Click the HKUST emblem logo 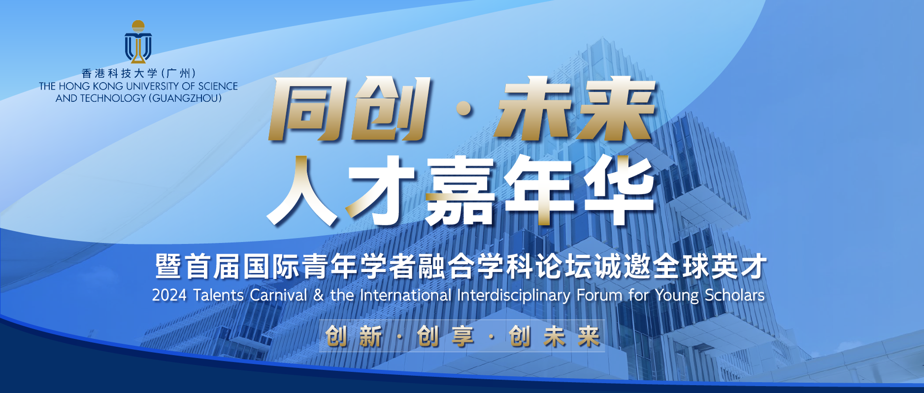[x=138, y=42]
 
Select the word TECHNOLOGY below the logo [x=113, y=98]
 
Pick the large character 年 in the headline [x=539, y=191]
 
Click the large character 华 [x=618, y=191]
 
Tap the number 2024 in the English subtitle [x=169, y=295]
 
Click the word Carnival [x=278, y=295]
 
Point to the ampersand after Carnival [x=319, y=295]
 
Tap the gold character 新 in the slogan [x=370, y=337]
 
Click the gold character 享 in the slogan [x=462, y=337]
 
